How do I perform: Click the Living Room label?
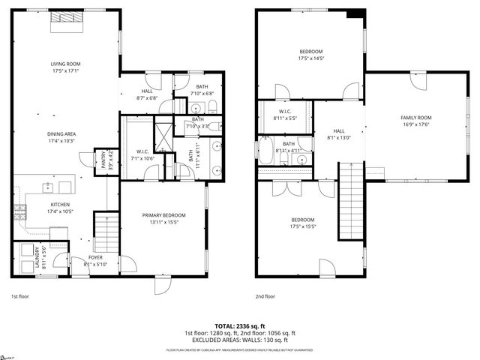click(65, 67)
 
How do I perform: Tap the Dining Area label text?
click(65, 137)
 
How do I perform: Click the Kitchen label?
click(60, 208)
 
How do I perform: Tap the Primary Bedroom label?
click(163, 218)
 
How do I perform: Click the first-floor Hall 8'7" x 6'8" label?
click(147, 94)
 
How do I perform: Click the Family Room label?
click(415, 121)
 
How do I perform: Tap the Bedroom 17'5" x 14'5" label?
click(310, 55)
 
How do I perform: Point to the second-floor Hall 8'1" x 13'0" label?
click(339, 133)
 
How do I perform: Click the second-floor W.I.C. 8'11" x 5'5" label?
click(285, 115)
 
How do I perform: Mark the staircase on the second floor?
click(351, 200)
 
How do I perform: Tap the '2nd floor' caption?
click(265, 296)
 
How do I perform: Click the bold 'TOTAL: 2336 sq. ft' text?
click(239, 326)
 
